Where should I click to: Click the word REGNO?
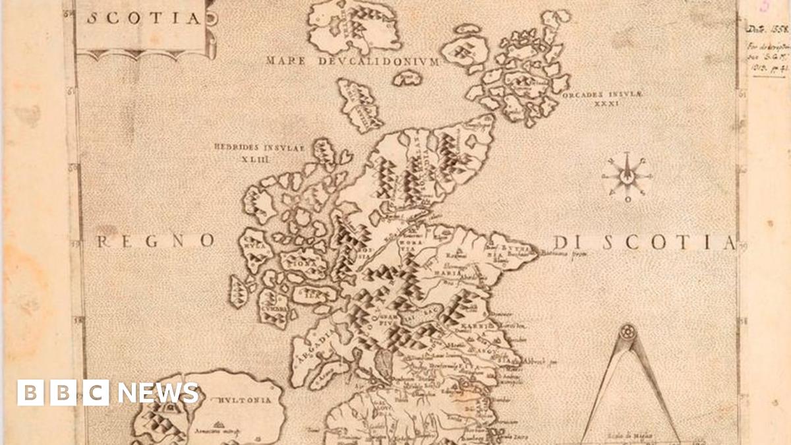[156, 242]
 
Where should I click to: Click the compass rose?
[627, 177]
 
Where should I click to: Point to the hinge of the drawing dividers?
[627, 330]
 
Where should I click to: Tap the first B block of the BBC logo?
[30, 393]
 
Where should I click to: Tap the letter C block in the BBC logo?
[96, 393]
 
